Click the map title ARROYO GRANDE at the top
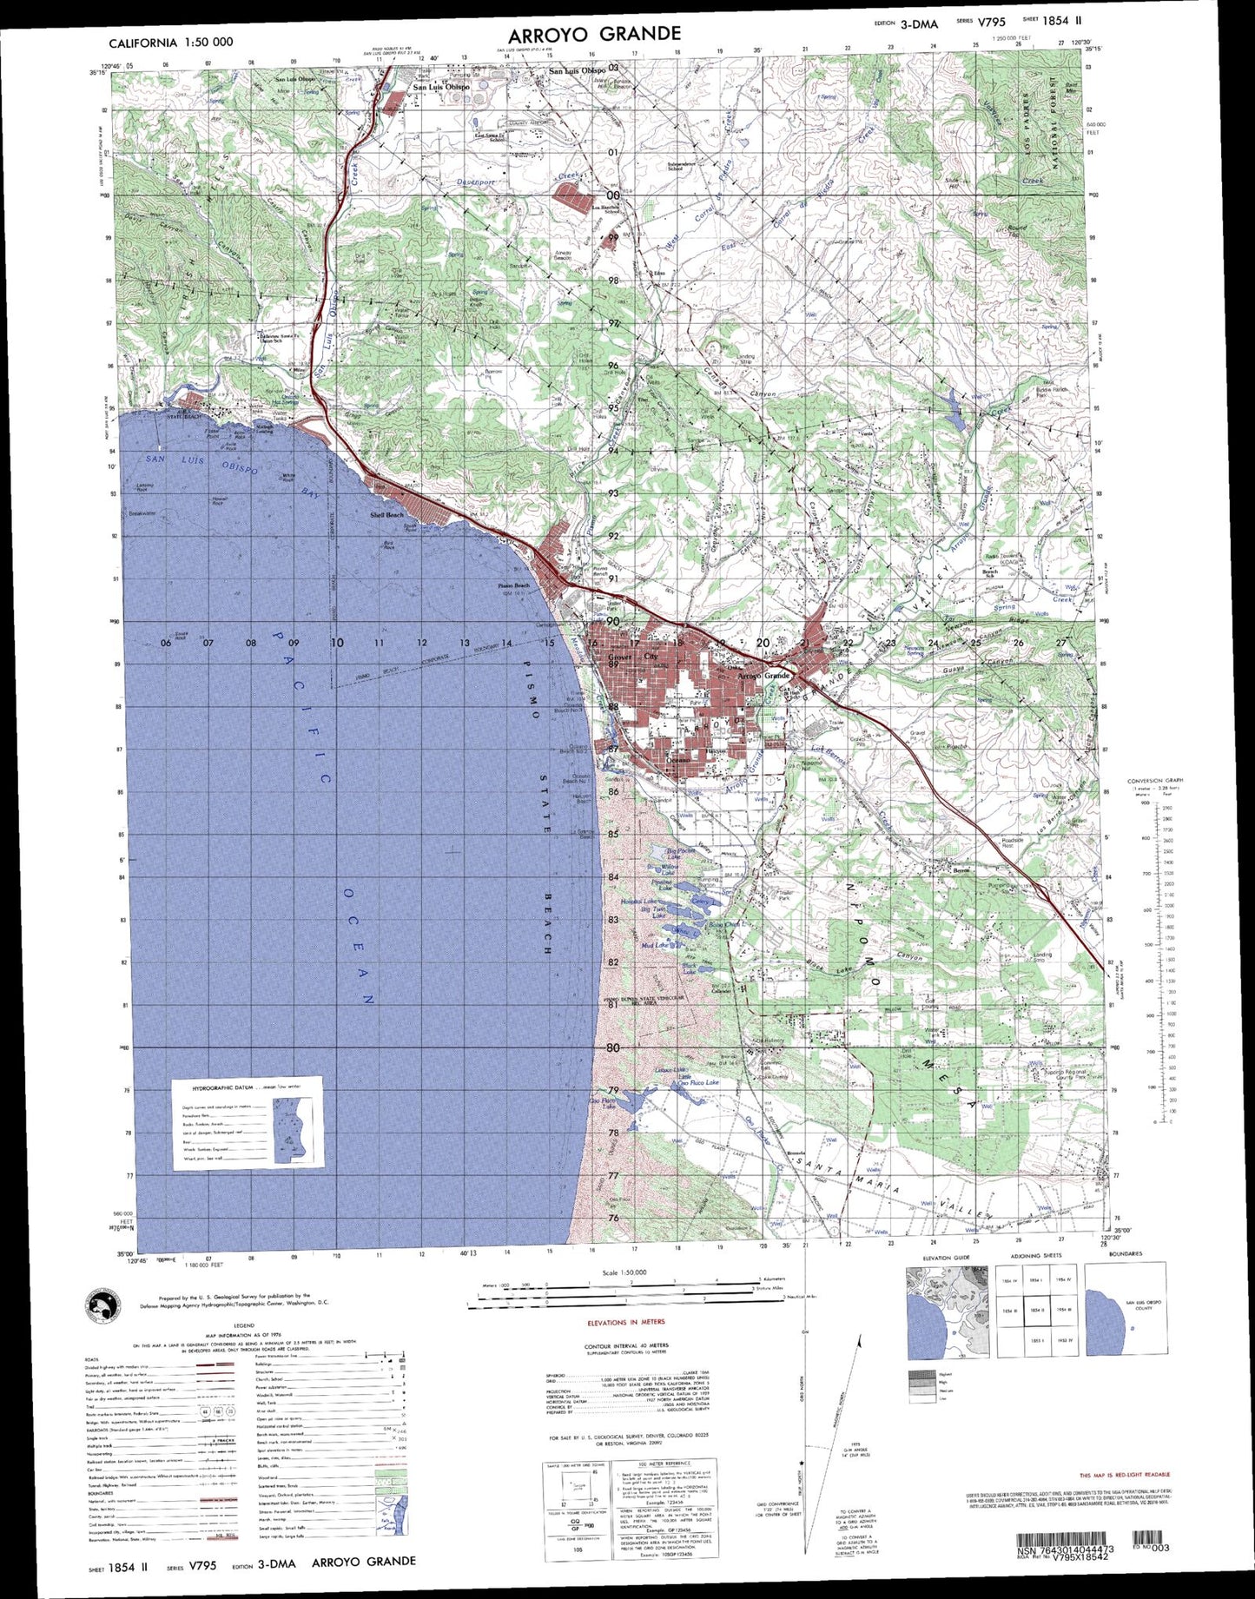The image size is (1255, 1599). (x=594, y=35)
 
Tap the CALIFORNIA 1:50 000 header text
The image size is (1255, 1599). (x=170, y=43)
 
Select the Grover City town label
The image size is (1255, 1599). (x=633, y=657)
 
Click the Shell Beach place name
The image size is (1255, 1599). (x=386, y=515)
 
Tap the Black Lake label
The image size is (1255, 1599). (x=690, y=967)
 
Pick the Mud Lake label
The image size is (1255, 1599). (x=654, y=945)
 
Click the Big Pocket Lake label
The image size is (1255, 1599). (x=679, y=854)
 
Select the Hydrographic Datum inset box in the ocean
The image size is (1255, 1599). (x=247, y=1123)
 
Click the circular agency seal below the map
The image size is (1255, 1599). (x=103, y=1304)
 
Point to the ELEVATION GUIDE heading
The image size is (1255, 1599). (x=947, y=1257)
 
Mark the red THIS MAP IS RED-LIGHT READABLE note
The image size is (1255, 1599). (x=1125, y=1475)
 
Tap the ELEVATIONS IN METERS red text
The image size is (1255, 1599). (x=626, y=1322)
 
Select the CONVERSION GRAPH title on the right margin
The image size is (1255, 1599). (x=1155, y=780)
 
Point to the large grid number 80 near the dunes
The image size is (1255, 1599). (x=612, y=1047)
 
